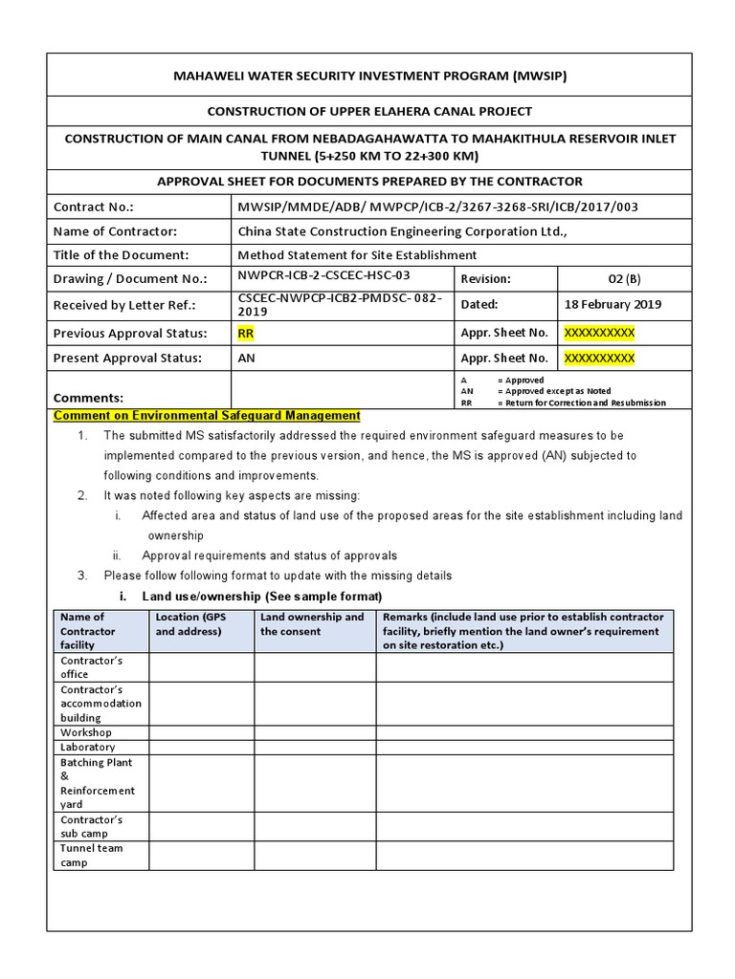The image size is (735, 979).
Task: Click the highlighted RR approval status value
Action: click(x=246, y=334)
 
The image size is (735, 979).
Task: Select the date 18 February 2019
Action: click(x=612, y=304)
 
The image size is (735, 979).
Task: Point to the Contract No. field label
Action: click(x=94, y=207)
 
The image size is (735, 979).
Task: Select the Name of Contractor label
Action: click(x=115, y=231)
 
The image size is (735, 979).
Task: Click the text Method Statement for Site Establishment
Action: click(x=356, y=255)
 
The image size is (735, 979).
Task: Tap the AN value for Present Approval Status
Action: click(x=247, y=359)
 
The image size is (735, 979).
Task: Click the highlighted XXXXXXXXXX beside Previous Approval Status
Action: click(x=599, y=334)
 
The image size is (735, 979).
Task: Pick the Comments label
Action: click(x=88, y=398)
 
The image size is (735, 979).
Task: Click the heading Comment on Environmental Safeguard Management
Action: click(x=207, y=416)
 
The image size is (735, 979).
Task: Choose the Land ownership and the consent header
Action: click(x=313, y=624)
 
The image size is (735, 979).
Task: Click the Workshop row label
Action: click(x=86, y=732)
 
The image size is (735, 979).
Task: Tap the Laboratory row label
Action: click(x=87, y=747)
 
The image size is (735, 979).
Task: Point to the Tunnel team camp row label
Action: click(x=91, y=856)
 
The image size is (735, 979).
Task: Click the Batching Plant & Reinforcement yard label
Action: click(x=97, y=784)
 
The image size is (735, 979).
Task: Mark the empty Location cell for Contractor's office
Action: click(x=201, y=667)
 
